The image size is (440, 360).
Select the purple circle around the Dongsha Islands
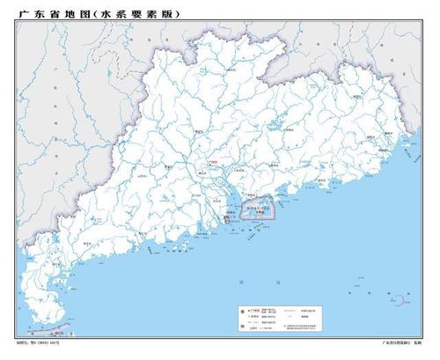[400, 301]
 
